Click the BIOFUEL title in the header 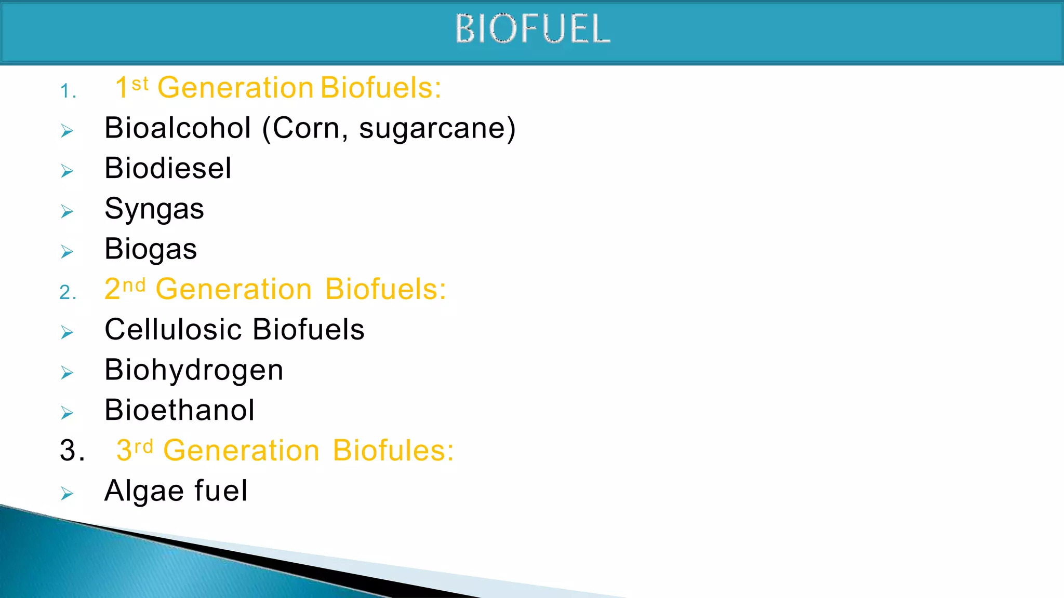533,29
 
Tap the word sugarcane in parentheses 432,128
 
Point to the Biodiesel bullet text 168,168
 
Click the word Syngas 154,209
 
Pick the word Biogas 151,249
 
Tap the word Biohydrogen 194,370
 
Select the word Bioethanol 179,410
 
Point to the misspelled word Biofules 393,450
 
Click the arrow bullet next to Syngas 67,211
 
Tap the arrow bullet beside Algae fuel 67,493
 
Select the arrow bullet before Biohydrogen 67,372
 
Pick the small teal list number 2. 68,293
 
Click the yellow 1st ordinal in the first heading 131,87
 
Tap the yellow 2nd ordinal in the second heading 125,289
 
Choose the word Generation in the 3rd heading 241,450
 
